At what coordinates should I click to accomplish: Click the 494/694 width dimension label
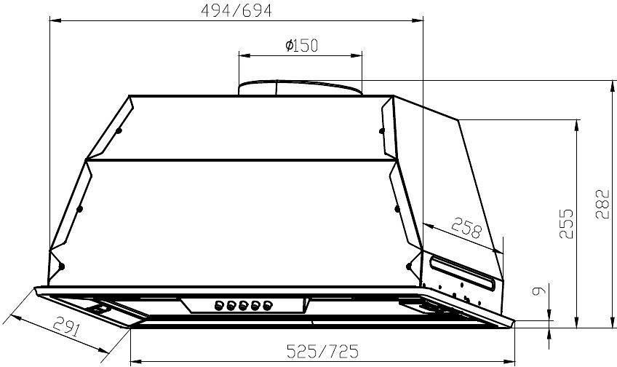236,11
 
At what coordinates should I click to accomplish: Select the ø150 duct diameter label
301,46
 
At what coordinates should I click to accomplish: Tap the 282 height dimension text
602,204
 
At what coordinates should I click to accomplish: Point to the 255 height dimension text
566,224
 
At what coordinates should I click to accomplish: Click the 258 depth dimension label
466,228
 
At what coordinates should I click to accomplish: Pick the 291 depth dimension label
66,325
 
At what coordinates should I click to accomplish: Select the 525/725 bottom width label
322,351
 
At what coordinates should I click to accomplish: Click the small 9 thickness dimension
538,291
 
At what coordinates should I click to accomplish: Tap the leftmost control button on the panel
218,305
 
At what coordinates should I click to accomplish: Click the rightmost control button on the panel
268,305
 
